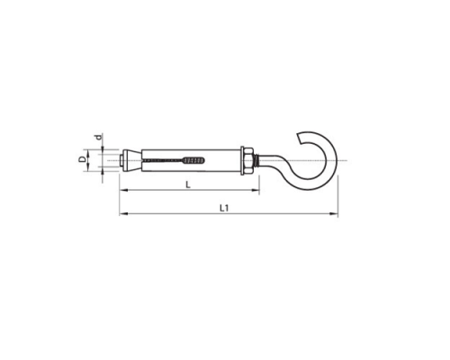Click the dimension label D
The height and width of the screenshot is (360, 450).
[82, 160]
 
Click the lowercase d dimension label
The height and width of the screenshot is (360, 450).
[98, 138]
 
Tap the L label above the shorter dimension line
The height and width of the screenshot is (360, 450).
[188, 184]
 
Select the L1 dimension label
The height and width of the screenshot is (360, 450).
[224, 208]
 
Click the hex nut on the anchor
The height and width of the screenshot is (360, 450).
[249, 160]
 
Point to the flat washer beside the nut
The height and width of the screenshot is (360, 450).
[242, 160]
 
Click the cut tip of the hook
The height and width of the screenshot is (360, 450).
[298, 138]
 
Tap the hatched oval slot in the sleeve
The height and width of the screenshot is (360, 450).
[194, 160]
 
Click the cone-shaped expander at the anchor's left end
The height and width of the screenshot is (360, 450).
[131, 160]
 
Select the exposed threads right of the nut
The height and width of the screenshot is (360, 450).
[256, 160]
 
